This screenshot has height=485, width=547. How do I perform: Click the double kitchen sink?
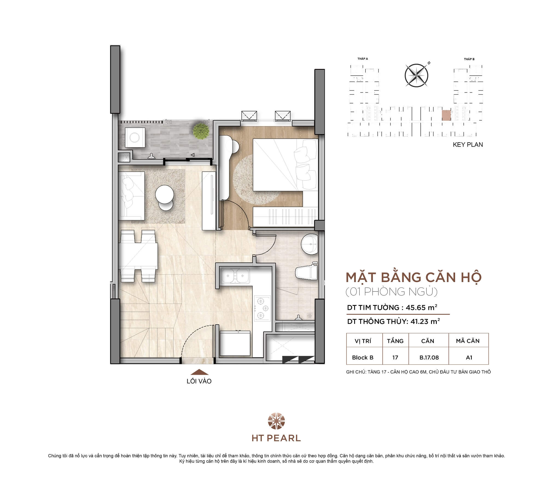click(235, 276)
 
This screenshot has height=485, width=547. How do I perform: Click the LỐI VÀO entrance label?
click(199, 381)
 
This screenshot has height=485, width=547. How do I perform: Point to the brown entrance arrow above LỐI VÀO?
click(199, 372)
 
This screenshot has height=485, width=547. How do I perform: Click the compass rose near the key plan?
click(416, 75)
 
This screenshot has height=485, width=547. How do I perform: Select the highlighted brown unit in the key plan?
click(447, 115)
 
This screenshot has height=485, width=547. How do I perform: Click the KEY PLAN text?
click(468, 145)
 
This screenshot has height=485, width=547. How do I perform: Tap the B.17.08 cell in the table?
click(429, 358)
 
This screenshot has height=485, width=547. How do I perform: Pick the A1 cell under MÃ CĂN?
click(469, 358)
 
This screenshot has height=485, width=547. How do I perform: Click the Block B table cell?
click(363, 358)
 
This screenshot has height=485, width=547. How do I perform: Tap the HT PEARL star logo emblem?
click(276, 421)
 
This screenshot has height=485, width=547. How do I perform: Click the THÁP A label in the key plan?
click(363, 59)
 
